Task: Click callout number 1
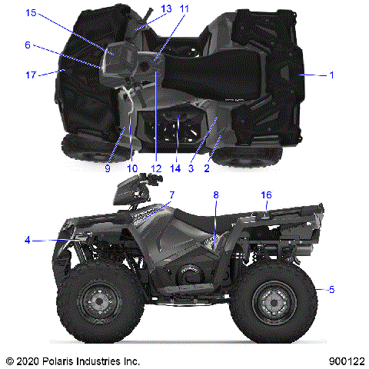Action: (331, 75)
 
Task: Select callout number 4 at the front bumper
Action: (28, 240)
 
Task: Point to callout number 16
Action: (266, 195)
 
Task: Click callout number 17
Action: (30, 75)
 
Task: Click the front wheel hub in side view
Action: (98, 302)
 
